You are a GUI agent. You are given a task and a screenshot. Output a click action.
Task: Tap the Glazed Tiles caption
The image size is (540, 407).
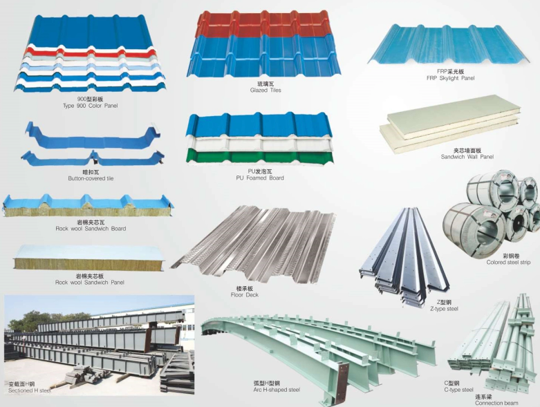265,90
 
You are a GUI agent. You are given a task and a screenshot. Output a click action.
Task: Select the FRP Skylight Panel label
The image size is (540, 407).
450,78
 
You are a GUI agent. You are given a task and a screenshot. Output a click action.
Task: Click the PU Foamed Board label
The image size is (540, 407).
259,178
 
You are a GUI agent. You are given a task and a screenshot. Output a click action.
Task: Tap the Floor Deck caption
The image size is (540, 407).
244,294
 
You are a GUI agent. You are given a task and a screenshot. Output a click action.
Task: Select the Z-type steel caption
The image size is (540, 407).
443,309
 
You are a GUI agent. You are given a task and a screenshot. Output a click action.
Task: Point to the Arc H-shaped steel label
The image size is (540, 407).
277,389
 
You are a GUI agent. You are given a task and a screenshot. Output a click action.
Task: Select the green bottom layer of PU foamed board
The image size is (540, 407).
259,155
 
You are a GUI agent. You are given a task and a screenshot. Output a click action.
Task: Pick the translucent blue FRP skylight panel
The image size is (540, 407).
449,44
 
